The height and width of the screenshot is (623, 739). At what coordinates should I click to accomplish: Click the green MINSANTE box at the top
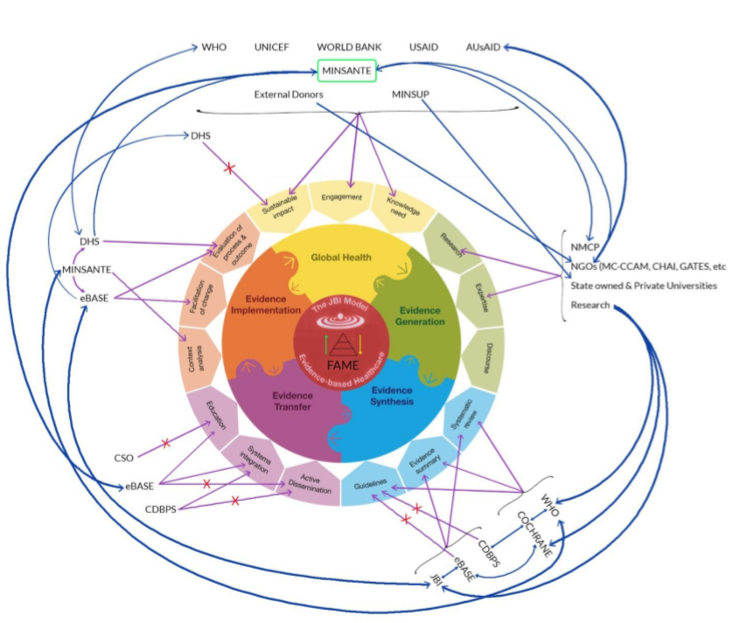coord(347,70)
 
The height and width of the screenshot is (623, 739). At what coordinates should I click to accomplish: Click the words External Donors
coord(289,94)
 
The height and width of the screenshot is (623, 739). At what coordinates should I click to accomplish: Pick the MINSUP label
coord(416,94)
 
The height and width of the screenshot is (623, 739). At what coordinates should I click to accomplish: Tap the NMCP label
coord(582,248)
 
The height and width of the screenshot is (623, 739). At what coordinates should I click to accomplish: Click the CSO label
coord(124,457)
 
